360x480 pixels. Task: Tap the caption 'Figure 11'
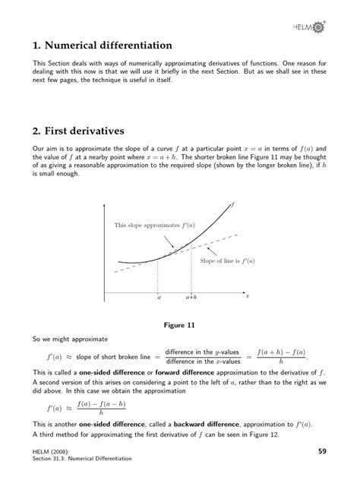180,325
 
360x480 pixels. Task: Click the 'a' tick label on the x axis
159,298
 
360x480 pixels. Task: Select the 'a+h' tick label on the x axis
191,298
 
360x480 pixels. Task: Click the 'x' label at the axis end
247,295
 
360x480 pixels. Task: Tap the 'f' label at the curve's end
232,205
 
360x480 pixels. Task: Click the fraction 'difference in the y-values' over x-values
202,357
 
